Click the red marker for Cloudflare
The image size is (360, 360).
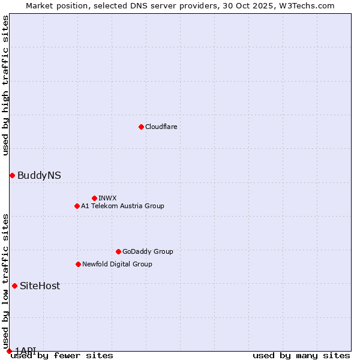(x=141, y=127)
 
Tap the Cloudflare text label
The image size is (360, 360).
(x=161, y=127)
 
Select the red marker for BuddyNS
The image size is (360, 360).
(x=12, y=175)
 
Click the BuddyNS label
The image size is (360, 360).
(x=39, y=176)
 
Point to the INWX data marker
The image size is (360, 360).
(x=94, y=198)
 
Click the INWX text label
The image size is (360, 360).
(x=107, y=199)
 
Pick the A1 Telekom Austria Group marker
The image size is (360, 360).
(x=77, y=206)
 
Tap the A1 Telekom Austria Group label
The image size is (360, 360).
(x=122, y=206)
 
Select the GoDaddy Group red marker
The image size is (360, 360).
(x=118, y=251)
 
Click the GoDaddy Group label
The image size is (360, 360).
(x=148, y=252)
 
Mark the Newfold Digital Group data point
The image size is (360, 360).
(x=78, y=264)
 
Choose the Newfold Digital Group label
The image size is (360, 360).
(x=117, y=265)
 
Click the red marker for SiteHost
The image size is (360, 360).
(x=14, y=286)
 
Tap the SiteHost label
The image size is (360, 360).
(x=40, y=286)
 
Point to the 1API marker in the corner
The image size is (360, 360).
(x=9, y=351)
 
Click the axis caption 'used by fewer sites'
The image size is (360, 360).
(x=62, y=356)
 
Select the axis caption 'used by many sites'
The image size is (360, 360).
(x=301, y=356)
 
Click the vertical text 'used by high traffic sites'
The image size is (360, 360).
(x=5, y=85)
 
